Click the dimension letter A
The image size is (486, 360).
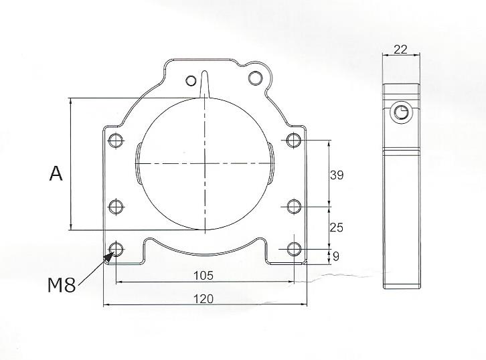pyautogui.click(x=56, y=174)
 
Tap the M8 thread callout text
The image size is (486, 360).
pyautogui.click(x=62, y=285)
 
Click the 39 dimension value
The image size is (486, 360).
pyautogui.click(x=337, y=175)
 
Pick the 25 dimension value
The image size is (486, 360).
pyautogui.click(x=337, y=228)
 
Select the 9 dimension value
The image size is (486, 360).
pyautogui.click(x=336, y=256)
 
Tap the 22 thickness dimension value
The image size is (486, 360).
pyautogui.click(x=401, y=49)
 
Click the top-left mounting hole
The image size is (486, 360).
pyautogui.click(x=116, y=141)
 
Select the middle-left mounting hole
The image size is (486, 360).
pyautogui.click(x=116, y=205)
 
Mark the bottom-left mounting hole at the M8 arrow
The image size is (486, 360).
pyautogui.click(x=116, y=250)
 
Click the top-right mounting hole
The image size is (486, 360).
pyautogui.click(x=293, y=141)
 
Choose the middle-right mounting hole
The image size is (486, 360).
pyautogui.click(x=293, y=205)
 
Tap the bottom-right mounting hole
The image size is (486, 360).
pyautogui.click(x=293, y=250)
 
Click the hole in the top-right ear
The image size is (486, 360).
pyautogui.click(x=254, y=78)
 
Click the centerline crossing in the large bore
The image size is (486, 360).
pyautogui.click(x=205, y=163)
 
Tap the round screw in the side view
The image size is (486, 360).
pyautogui.click(x=402, y=112)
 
